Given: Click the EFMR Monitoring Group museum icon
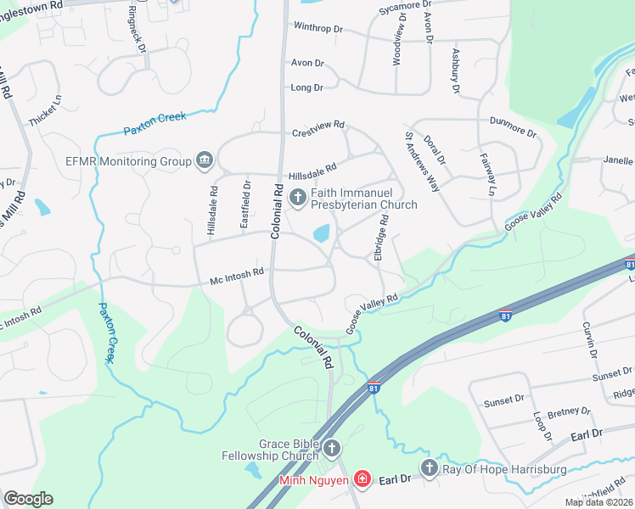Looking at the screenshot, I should [x=204, y=159].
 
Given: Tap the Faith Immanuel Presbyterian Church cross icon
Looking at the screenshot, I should [x=297, y=199].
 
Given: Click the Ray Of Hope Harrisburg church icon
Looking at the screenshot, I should [x=430, y=467].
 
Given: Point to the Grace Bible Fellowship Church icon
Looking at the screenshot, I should [x=332, y=447].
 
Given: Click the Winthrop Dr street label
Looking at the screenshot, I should [x=317, y=28].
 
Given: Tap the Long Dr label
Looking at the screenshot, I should [x=307, y=87].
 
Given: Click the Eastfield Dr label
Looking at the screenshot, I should [x=247, y=195].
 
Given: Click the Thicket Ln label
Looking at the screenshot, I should [x=44, y=111].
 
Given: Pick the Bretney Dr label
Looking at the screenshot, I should [x=569, y=411].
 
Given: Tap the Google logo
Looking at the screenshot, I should [x=29, y=499].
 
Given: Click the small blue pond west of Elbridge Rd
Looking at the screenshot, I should [x=322, y=232].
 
